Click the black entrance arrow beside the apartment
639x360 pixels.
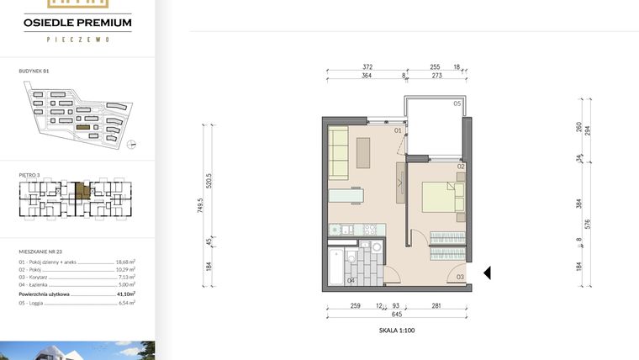click(487, 273)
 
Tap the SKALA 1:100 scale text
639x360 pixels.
click(397, 331)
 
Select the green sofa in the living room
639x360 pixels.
click(339, 152)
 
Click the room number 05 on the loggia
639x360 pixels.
click(457, 103)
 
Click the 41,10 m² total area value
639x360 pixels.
click(128, 294)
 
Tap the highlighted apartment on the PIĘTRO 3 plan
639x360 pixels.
click(82, 191)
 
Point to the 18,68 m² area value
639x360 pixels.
click(126, 262)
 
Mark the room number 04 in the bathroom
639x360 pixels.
click(351, 280)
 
